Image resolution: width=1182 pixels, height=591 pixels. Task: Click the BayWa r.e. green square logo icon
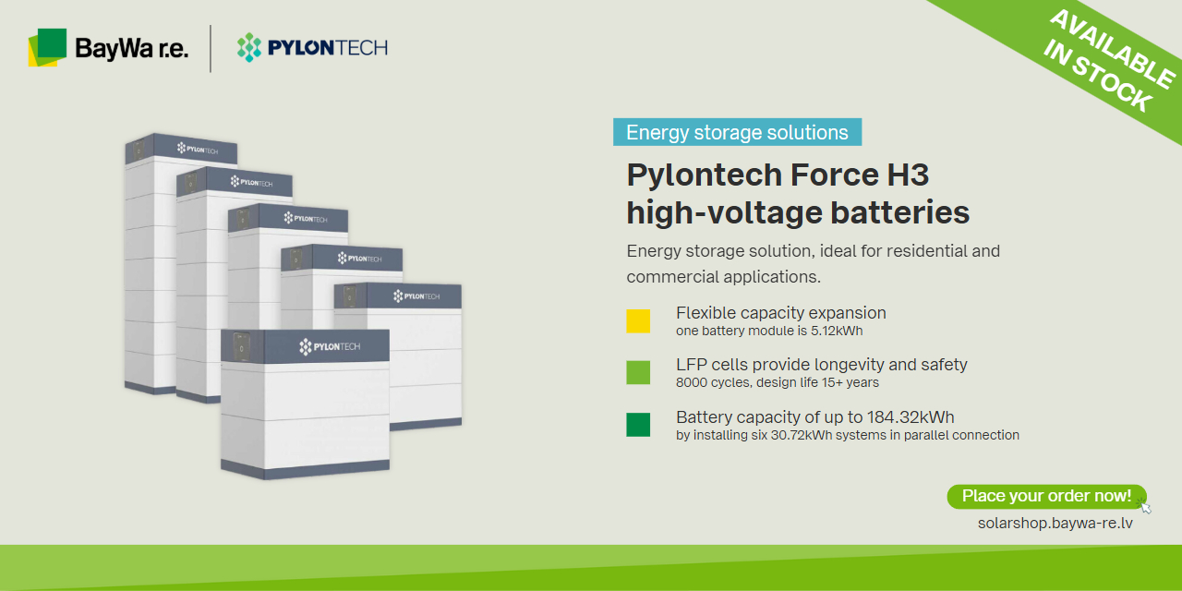coord(47,47)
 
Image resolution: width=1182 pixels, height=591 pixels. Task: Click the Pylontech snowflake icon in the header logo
coord(249,47)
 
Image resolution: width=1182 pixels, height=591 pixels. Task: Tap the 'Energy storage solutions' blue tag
coord(737,132)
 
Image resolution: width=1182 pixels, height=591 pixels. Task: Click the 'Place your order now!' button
coord(1046,497)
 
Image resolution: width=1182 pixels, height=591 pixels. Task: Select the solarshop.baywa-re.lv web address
coord(1055,524)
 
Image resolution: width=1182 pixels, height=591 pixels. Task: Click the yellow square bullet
coord(638,320)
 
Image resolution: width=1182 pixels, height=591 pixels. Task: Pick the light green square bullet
coord(638,372)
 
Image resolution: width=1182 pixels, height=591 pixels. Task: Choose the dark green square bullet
coord(638,425)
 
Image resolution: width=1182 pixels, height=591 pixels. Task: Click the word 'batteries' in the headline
coord(899,212)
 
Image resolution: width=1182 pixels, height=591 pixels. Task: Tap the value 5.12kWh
coord(837,331)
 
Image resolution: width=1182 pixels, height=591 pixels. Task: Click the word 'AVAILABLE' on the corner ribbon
coord(1113,49)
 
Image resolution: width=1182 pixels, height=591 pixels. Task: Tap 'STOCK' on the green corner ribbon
coord(1113,84)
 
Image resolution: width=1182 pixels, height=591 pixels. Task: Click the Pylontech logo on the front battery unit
coord(330,346)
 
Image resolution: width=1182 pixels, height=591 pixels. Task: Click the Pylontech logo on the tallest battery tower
coord(198,150)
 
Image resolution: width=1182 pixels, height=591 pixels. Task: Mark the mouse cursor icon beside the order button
coord(1145,507)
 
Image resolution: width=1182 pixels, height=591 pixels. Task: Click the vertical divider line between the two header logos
coord(211,49)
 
